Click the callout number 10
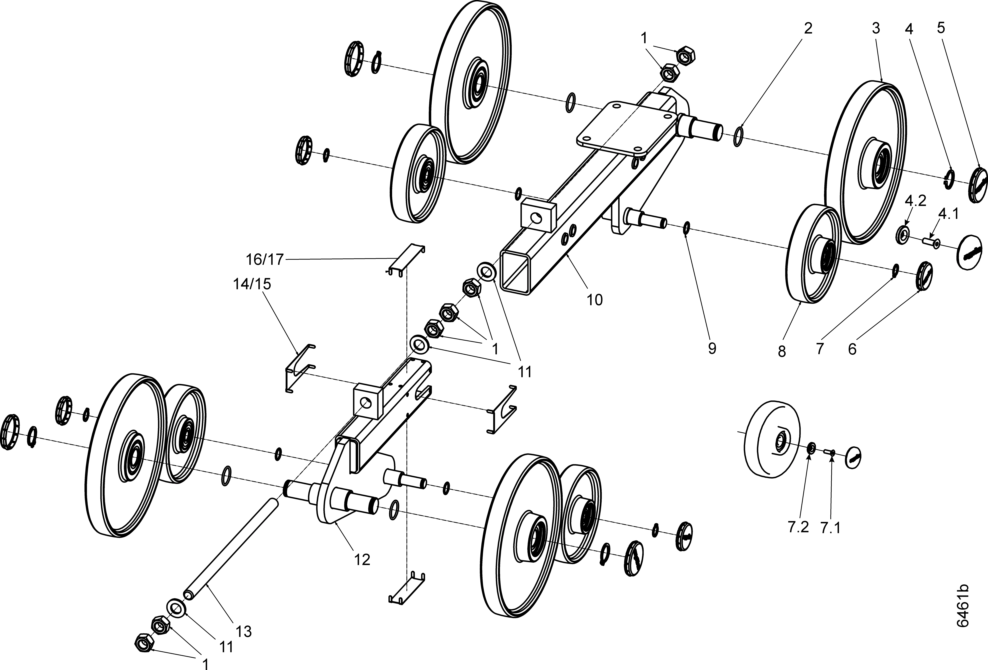click(x=595, y=300)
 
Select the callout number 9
click(x=712, y=348)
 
